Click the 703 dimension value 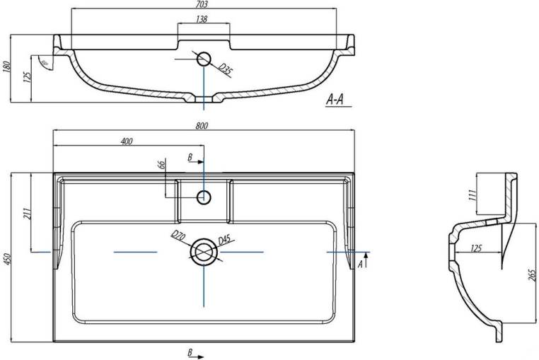[x=203, y=4]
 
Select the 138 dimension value [x=202, y=19]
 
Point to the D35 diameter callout [x=225, y=69]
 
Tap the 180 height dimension [x=7, y=68]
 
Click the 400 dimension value [x=127, y=141]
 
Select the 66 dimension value [x=161, y=166]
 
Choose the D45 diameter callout [x=224, y=241]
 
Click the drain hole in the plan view [x=204, y=251]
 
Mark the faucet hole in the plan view [x=204, y=197]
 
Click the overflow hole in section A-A [x=204, y=59]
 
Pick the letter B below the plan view [x=190, y=352]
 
